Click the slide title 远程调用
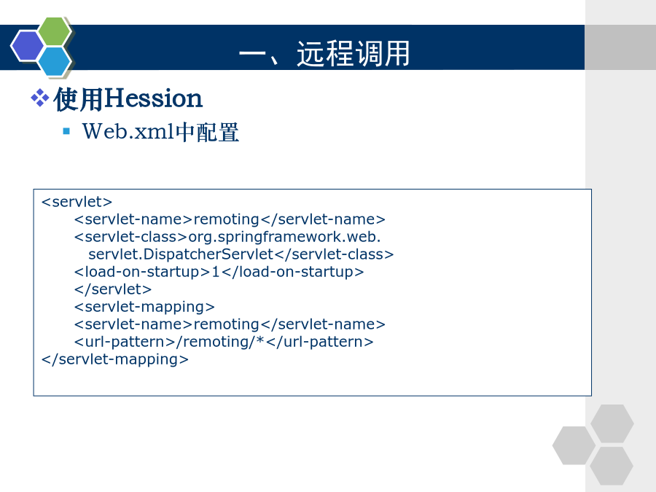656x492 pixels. pyautogui.click(x=353, y=53)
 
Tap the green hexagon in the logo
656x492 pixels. pyautogui.click(x=55, y=31)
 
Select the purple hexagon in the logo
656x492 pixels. pyautogui.click(x=27, y=46)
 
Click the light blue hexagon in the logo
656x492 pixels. pyautogui.click(x=55, y=61)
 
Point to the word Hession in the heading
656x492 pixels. pyautogui.click(x=154, y=98)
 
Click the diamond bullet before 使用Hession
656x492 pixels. pyautogui.click(x=40, y=98)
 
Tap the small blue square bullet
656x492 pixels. pyautogui.click(x=66, y=131)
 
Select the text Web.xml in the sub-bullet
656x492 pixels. pyautogui.click(x=128, y=131)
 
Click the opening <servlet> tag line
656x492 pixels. pyautogui.click(x=77, y=202)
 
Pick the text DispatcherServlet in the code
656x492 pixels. pyautogui.click(x=208, y=254)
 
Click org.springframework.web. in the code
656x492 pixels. pyautogui.click(x=284, y=237)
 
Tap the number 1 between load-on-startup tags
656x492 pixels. pyautogui.click(x=216, y=272)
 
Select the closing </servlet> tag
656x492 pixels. pyautogui.click(x=113, y=289)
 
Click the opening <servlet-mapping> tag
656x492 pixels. pyautogui.click(x=144, y=307)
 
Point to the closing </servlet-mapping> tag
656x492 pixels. pyautogui.click(x=115, y=359)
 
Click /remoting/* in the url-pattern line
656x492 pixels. pyautogui.click(x=220, y=342)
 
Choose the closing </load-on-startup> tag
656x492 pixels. pyautogui.click(x=293, y=272)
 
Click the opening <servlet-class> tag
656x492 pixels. pyautogui.click(x=130, y=237)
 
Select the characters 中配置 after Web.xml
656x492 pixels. pyautogui.click(x=207, y=132)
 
